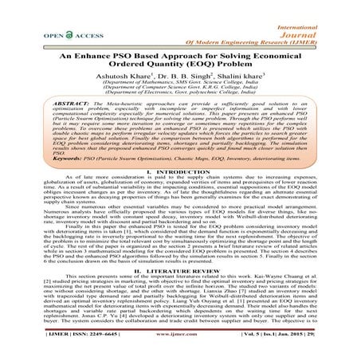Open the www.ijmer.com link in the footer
click(x=180, y=349)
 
